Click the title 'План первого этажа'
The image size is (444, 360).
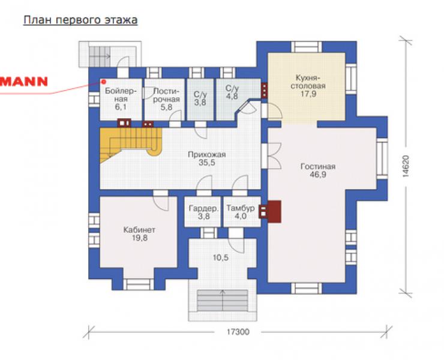80,20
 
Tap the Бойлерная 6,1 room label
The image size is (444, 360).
121,99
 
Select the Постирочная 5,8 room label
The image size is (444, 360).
167,99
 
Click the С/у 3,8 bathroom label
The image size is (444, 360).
200,98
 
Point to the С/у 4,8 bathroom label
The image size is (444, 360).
232,92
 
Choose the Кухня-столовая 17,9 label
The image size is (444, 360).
308,86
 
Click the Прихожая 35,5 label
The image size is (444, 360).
207,158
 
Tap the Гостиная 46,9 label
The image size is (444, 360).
318,170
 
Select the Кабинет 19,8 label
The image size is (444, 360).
139,233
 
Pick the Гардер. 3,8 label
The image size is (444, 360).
203,212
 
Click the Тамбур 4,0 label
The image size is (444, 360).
241,212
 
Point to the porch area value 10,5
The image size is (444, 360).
221,258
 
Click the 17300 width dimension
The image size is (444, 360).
238,332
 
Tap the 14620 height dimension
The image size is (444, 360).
406,166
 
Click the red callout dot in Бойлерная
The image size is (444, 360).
104,82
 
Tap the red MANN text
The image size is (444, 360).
24,82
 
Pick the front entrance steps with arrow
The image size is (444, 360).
223,301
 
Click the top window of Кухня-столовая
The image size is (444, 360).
307,47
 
